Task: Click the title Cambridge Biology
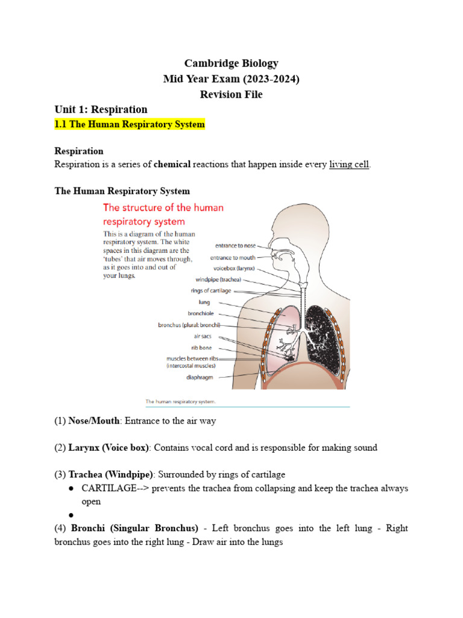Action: click(231, 63)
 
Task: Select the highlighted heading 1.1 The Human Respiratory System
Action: click(130, 124)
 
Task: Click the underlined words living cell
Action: click(349, 164)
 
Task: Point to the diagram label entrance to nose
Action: click(235, 246)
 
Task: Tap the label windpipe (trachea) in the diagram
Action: click(218, 280)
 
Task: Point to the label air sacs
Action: click(203, 336)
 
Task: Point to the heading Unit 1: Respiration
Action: click(101, 109)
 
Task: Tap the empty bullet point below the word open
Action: click(71, 515)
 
